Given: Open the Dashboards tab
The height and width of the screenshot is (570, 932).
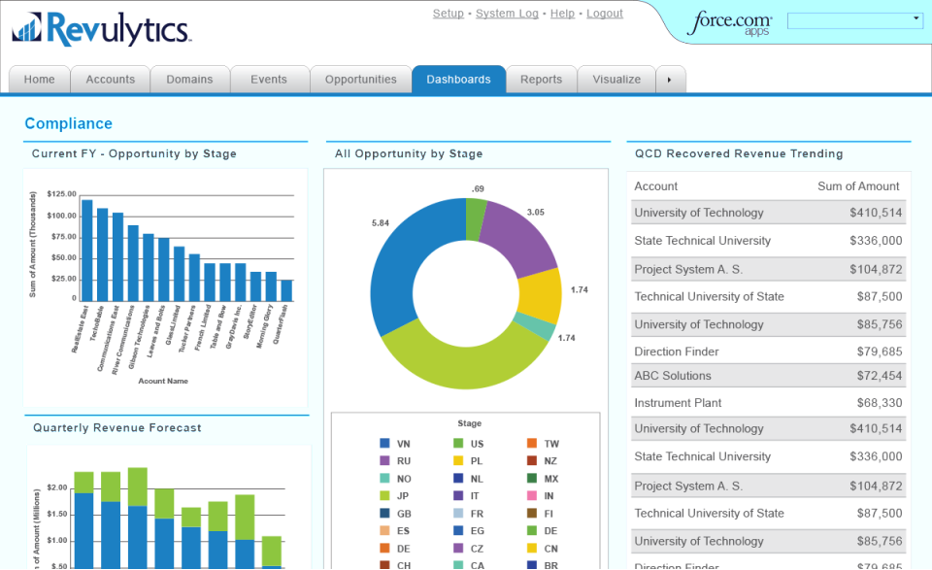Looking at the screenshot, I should pos(458,80).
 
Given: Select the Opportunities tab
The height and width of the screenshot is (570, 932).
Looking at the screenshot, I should pos(360,80).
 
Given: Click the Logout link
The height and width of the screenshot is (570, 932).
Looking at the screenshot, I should pos(605,14).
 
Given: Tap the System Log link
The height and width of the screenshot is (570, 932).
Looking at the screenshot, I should pos(507,14).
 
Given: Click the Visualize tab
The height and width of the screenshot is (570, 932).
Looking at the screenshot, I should pos(616,80).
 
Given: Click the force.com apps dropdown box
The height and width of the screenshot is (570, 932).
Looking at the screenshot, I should pos(854,20).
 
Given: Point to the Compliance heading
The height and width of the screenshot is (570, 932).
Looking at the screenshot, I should pos(68,123).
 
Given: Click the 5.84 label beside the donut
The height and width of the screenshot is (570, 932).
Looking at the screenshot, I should pos(381,223).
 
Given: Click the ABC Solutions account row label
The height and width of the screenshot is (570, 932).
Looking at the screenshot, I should pos(673,376).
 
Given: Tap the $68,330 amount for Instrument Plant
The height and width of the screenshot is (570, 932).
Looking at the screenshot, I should pos(876,403).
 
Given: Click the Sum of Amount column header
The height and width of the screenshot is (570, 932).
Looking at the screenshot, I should pos(858,186).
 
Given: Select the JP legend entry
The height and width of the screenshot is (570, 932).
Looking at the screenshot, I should pos(396,496).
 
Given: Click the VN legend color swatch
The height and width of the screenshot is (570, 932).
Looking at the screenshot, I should pos(384,444).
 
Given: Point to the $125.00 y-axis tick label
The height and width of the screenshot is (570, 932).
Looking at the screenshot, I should pos(62,194).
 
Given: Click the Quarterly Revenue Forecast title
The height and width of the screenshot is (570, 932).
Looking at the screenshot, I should pos(116,427).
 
